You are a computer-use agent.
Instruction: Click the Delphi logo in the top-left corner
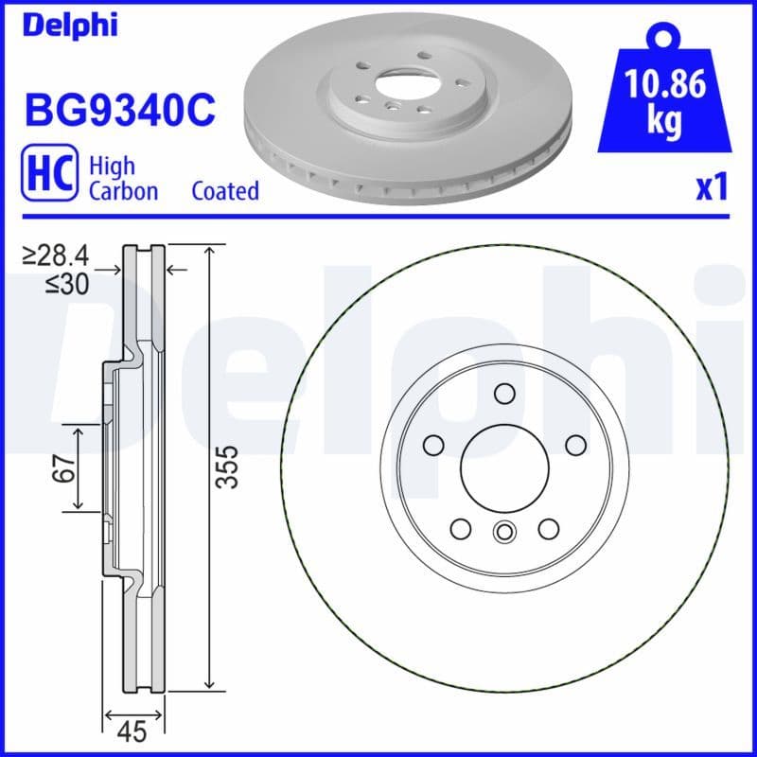coord(71,25)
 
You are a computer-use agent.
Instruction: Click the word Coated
coord(225,191)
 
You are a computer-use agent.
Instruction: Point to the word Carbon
coord(123,191)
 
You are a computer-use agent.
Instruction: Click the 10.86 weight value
coord(665,86)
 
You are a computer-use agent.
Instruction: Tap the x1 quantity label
coord(711,189)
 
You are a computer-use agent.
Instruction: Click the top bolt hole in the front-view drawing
coord(503,394)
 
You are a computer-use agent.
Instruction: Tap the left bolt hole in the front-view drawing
coord(433,445)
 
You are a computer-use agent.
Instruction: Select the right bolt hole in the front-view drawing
coord(574,445)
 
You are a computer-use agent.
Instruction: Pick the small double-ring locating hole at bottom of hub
coord(503,532)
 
